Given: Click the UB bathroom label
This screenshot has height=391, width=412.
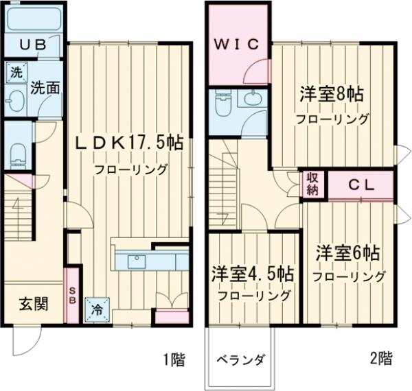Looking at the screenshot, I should point(32,46).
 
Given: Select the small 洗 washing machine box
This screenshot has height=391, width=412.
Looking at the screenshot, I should point(14,71).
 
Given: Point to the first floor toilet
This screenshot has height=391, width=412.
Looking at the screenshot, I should point(19,149).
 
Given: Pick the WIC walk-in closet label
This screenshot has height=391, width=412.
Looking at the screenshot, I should point(236,45).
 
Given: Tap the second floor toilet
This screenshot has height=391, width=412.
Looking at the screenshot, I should point(224,105).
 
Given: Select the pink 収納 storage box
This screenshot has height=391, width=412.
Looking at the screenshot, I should point(312,185).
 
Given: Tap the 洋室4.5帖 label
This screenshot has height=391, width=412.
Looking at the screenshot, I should point(253,273).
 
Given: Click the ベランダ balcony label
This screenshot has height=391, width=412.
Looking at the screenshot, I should point(241,359).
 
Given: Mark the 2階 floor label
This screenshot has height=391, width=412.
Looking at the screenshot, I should point(381,357).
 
